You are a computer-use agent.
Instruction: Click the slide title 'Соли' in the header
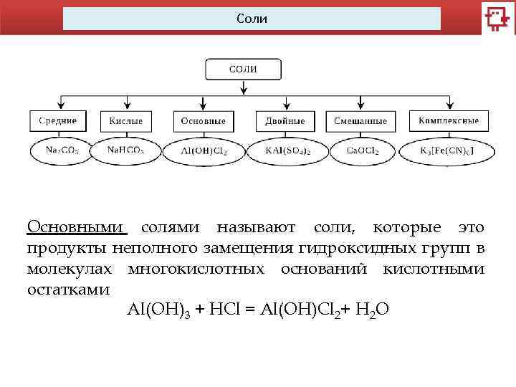click(252, 19)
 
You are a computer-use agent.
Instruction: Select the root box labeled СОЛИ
click(243, 70)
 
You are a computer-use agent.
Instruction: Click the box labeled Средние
click(58, 120)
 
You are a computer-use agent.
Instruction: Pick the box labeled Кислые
click(125, 120)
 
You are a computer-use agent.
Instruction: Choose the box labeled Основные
click(204, 120)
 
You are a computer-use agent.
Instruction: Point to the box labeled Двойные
click(285, 120)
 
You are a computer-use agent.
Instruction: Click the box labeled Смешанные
click(360, 120)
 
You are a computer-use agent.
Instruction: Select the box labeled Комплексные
click(449, 120)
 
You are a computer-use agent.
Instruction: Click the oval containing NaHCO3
click(125, 151)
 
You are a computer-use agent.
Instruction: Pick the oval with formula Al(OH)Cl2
click(204, 151)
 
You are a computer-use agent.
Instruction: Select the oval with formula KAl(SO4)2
click(285, 151)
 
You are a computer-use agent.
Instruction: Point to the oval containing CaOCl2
click(361, 151)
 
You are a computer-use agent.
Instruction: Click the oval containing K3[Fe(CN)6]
click(447, 151)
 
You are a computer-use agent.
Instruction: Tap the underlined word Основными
click(76, 227)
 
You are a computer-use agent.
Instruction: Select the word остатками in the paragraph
click(68, 290)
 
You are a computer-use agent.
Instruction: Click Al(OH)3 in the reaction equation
click(158, 310)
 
